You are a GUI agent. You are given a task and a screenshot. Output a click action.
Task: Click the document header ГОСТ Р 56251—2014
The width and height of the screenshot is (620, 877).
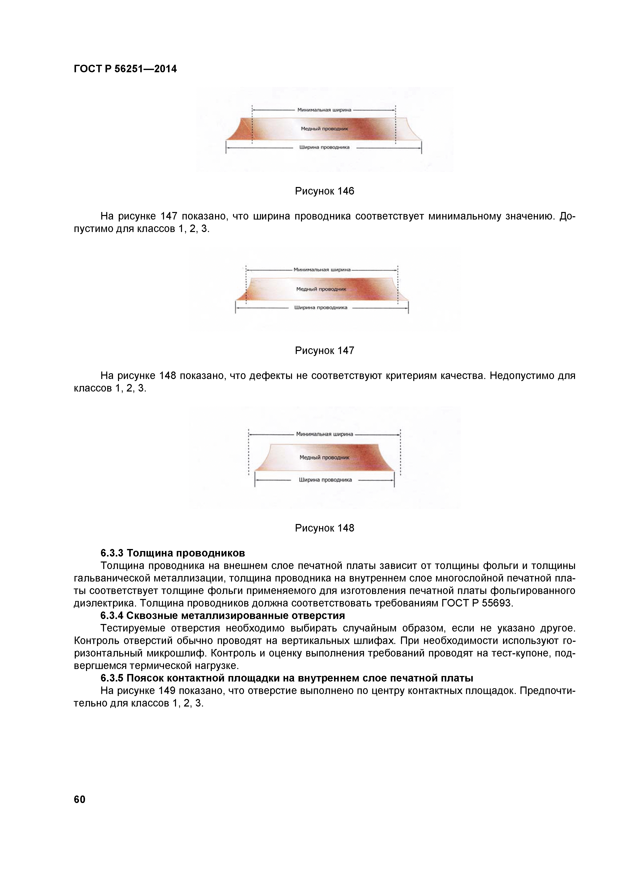(125, 69)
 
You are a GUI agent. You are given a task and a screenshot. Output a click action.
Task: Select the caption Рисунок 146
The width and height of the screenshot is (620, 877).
(324, 191)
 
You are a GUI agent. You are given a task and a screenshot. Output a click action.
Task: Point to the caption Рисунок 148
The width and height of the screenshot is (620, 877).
(324, 528)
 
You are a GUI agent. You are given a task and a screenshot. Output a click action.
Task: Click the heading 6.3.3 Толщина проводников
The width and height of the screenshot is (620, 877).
(173, 553)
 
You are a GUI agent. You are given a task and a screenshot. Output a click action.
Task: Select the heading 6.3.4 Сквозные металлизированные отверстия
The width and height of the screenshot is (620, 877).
(222, 616)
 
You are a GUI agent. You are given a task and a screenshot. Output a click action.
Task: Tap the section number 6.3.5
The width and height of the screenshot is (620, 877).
(112, 678)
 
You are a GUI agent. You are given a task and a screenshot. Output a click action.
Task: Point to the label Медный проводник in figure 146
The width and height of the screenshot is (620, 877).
(324, 129)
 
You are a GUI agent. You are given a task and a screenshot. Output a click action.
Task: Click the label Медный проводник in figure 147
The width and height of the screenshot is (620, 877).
(321, 289)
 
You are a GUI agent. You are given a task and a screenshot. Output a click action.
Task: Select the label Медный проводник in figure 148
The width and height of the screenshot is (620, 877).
(324, 457)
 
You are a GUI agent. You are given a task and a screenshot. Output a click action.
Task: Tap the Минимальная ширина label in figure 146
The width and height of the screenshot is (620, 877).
(324, 110)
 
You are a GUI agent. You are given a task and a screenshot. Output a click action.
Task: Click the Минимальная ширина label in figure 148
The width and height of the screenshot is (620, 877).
(324, 434)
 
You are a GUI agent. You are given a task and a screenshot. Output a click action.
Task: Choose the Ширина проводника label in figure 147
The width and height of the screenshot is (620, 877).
(320, 307)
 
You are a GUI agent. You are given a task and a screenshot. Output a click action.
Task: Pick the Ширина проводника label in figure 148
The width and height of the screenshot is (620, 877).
(325, 480)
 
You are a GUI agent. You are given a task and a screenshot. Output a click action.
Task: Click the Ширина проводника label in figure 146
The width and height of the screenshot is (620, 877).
(324, 147)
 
